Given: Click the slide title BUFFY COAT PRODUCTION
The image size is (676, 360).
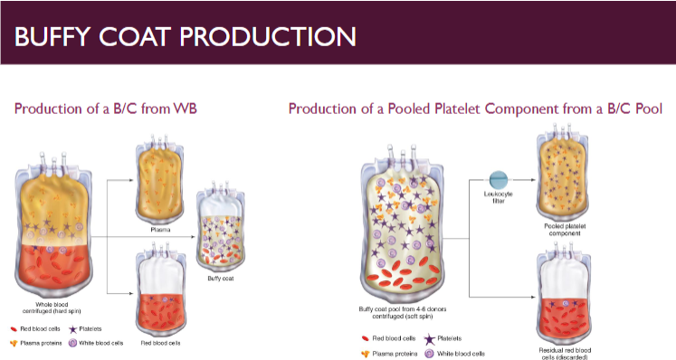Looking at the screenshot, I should pyautogui.click(x=185, y=37).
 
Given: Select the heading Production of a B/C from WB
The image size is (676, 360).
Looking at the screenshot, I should pyautogui.click(x=105, y=109).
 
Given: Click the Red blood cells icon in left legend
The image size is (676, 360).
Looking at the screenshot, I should pyautogui.click(x=16, y=329).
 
